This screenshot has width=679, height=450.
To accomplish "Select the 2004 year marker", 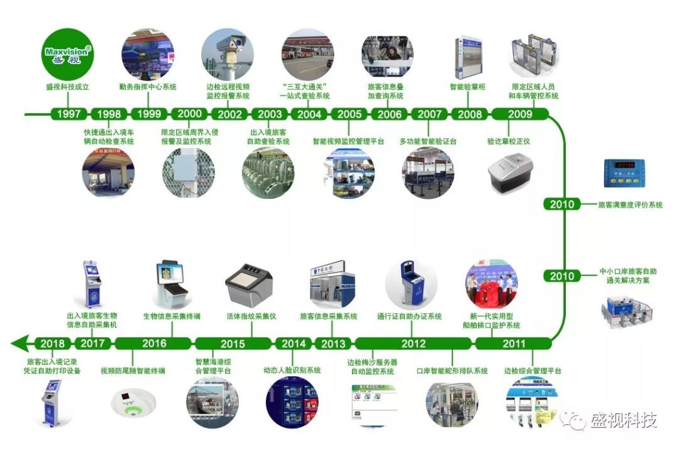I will pyautogui.click(x=309, y=114).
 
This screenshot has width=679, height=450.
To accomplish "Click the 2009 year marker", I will pyautogui.click(x=520, y=114).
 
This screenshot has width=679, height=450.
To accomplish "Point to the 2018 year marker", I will pyautogui.click(x=53, y=343).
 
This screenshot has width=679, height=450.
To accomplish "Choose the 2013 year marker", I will pyautogui.click(x=333, y=343).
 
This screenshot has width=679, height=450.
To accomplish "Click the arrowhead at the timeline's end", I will pyautogui.click(x=20, y=343).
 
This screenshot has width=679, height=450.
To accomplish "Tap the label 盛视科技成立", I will pyautogui.click(x=68, y=87).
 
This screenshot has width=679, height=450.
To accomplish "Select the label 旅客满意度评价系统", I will pyautogui.click(x=630, y=205).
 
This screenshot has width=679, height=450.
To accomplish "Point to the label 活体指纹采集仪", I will pyautogui.click(x=251, y=316).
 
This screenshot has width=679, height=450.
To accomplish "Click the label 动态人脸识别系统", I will pyautogui.click(x=292, y=370).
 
